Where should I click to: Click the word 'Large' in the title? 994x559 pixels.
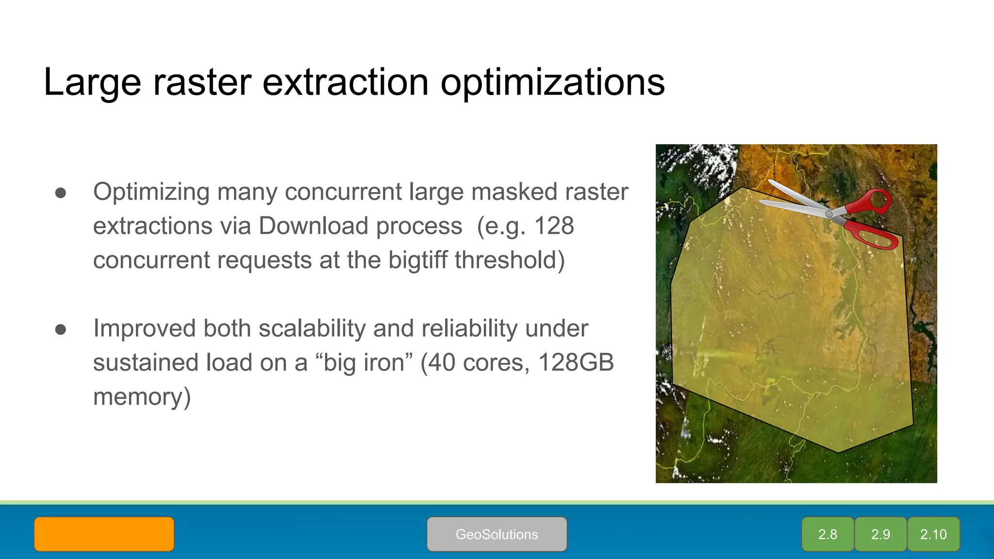coord(92,83)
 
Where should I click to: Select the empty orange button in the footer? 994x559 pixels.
coord(104,534)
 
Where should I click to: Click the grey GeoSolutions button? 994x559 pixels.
coord(497,534)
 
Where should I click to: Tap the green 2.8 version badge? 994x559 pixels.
coord(828,534)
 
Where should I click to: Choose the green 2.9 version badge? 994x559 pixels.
coord(880,534)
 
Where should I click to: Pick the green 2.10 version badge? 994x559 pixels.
coord(933,534)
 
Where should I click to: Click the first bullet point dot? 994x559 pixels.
coord(61,193)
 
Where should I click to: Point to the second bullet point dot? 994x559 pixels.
coord(61,329)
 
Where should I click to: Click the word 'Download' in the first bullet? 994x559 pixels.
coord(313,226)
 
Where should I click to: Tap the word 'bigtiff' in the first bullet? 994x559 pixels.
coord(418,260)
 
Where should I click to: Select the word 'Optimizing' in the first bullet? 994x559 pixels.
coord(151,192)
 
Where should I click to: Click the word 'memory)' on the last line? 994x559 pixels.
coord(142,396)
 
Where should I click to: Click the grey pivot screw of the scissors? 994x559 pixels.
coord(829,214)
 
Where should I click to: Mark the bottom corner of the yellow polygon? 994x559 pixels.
coord(838,452)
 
